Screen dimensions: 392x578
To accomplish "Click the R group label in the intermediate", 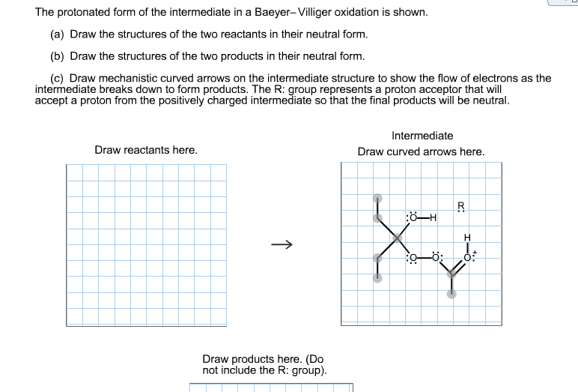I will coord(461,206).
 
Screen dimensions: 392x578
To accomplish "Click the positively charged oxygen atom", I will coord(469,258).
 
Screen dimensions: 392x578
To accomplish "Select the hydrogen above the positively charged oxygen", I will coord(469,238).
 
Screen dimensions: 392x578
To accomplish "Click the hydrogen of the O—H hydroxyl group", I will coord(431,218).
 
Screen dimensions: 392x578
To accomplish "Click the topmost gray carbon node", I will coord(377,199).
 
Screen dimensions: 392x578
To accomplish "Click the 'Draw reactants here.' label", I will coord(146,150).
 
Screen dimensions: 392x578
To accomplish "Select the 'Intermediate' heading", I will coord(422,136).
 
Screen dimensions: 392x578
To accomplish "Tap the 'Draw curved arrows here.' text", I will coord(421,151).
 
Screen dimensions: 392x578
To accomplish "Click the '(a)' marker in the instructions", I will coord(58,34).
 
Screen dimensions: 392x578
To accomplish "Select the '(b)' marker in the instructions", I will coord(58,56).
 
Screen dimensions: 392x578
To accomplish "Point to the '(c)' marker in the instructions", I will coord(58,78).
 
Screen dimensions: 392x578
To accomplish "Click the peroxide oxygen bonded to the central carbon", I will coord(411,258).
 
